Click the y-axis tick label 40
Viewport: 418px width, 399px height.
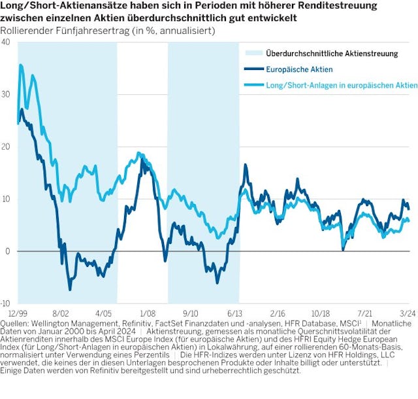click(x=6, y=42)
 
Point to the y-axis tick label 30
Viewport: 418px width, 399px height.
click(x=6, y=94)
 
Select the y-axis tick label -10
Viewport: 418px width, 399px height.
click(x=5, y=304)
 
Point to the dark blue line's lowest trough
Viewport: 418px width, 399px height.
click(x=70, y=288)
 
